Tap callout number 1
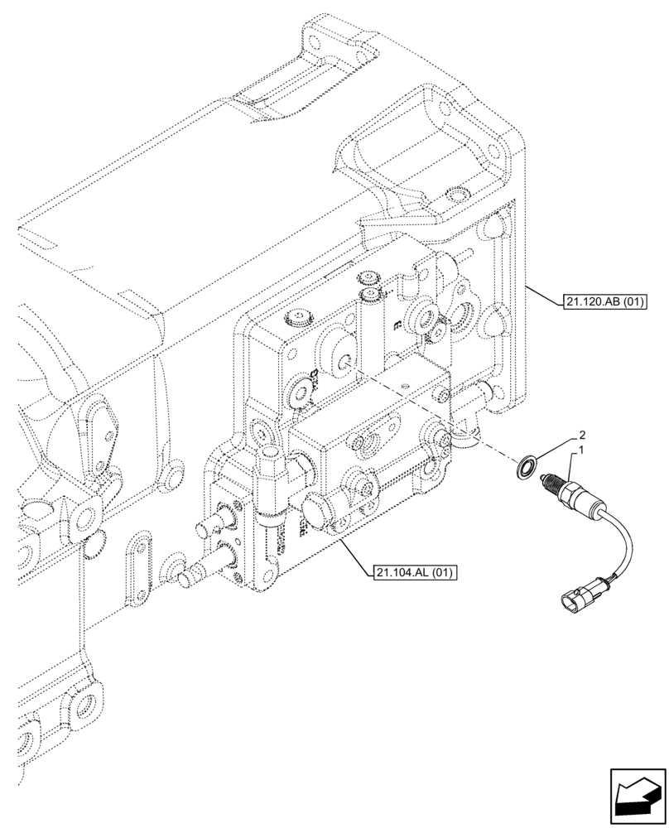point(584,450)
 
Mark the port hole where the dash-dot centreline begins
point(344,363)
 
